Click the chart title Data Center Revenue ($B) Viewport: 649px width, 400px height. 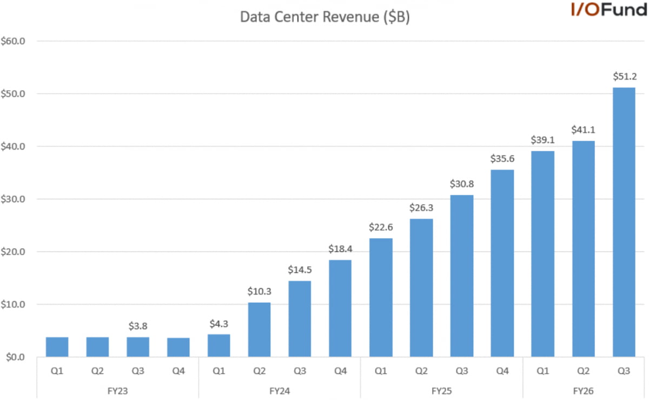coord(325,17)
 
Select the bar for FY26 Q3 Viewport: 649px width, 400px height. coord(624,222)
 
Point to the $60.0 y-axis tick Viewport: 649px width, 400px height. coord(16,41)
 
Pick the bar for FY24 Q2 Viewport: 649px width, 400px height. coord(260,330)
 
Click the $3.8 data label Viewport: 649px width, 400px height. coord(138,326)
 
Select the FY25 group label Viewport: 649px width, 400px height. coord(442,390)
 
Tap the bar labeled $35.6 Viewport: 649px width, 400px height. coord(502,263)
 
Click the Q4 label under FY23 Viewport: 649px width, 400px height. coord(178,371)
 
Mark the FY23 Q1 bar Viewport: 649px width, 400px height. coord(57,347)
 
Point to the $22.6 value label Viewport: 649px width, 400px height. coord(381,228)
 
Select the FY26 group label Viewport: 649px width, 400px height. coord(584,390)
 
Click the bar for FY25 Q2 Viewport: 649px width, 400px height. coord(421,288)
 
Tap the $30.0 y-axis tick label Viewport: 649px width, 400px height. coord(16,199)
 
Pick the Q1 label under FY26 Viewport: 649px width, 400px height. coord(543,371)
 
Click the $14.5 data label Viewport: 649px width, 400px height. coord(300,270)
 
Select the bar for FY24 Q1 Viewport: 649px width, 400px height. coord(219,345)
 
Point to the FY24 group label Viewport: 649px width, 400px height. coord(280,390)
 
